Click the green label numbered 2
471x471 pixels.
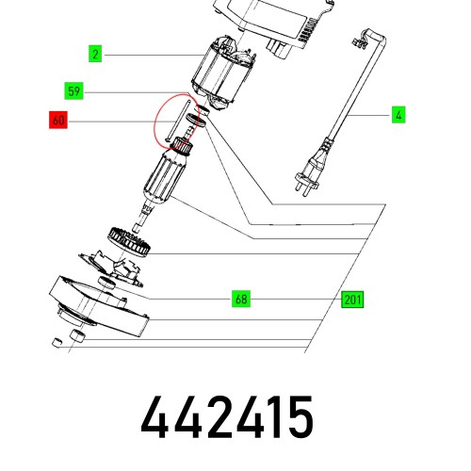pyautogui.click(x=95, y=54)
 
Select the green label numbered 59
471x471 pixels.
pyautogui.click(x=73, y=91)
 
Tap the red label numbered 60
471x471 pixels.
pyautogui.click(x=58, y=120)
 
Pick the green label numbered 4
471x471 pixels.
pyautogui.click(x=398, y=115)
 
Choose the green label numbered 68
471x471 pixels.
pyautogui.click(x=241, y=299)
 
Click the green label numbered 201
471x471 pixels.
pyautogui.click(x=352, y=300)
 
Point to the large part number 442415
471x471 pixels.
pyautogui.click(x=227, y=417)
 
